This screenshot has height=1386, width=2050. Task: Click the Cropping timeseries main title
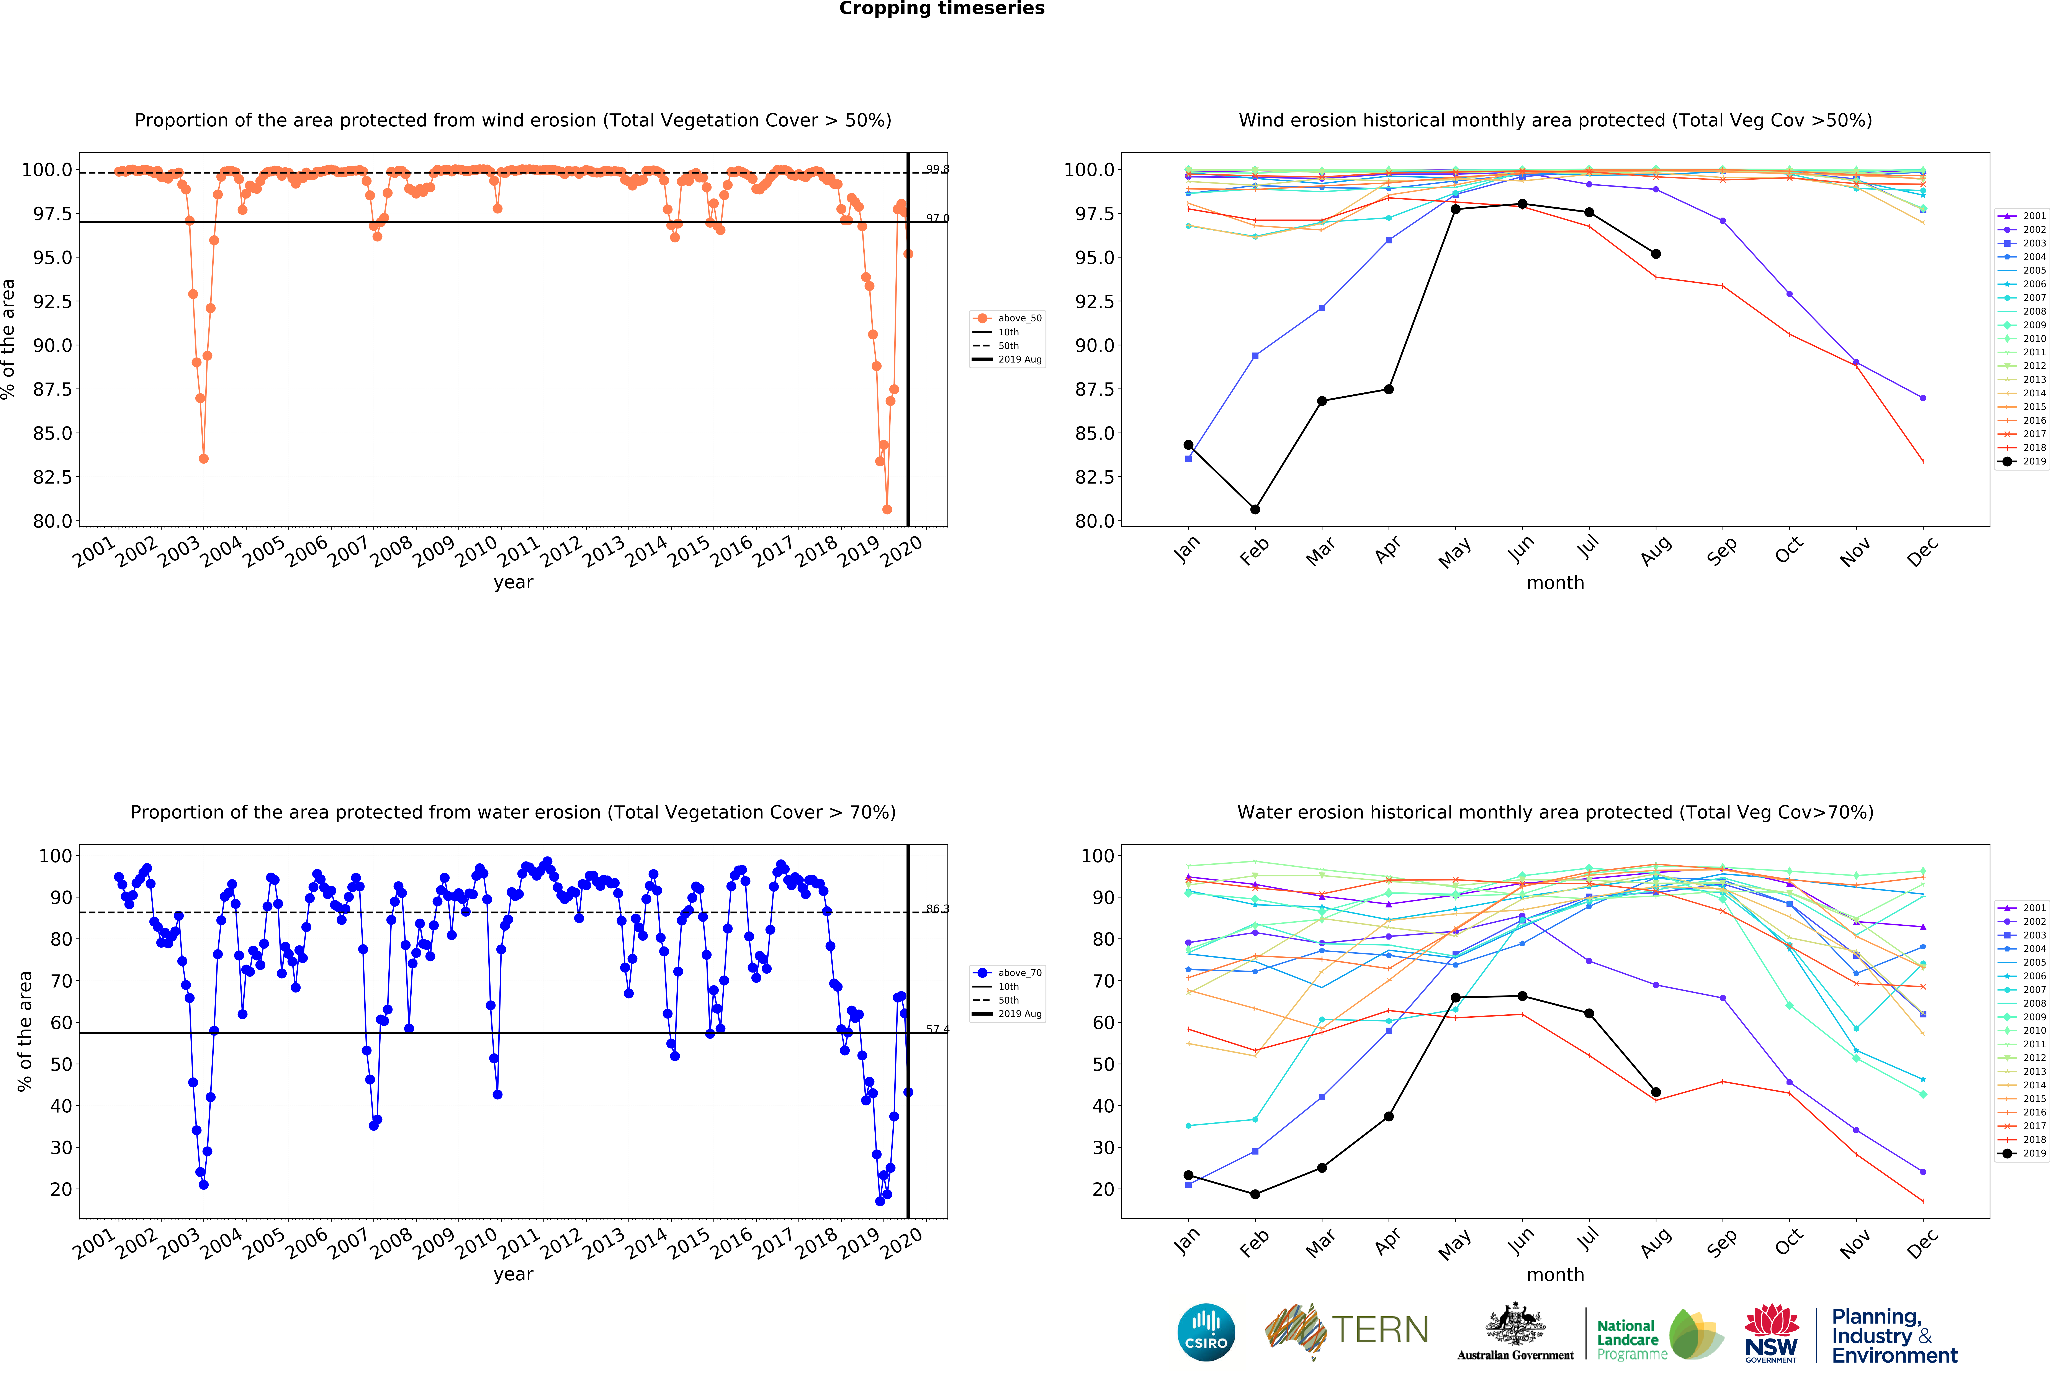941,9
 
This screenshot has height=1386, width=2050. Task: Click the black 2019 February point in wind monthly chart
1254,509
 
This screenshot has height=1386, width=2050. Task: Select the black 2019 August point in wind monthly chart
1656,254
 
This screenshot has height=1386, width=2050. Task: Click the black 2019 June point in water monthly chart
1522,996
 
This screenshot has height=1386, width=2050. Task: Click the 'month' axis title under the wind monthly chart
1555,582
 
